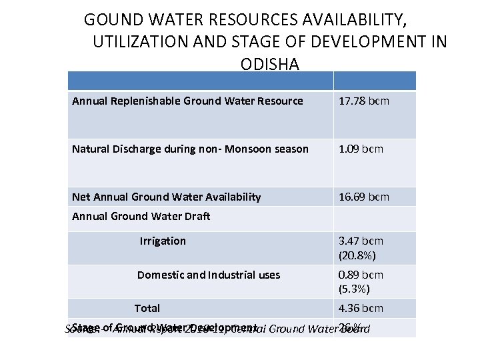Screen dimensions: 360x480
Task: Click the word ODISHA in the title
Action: (269, 65)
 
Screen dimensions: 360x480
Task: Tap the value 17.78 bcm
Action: (364, 101)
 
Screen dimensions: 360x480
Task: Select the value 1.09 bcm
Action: (361, 149)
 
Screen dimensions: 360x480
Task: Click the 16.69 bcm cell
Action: (364, 197)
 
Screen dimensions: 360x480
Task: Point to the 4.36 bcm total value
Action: (361, 308)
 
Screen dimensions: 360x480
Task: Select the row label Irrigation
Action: (163, 241)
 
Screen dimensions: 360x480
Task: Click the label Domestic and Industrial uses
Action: (209, 275)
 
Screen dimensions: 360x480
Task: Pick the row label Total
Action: (147, 308)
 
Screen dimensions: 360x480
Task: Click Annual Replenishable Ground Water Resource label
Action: (187, 101)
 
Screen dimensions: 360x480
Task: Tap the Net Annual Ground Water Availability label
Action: (167, 197)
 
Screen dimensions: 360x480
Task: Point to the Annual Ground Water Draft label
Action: (141, 216)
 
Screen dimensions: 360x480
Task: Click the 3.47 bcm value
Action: (361, 241)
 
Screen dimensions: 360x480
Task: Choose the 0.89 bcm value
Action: (361, 275)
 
